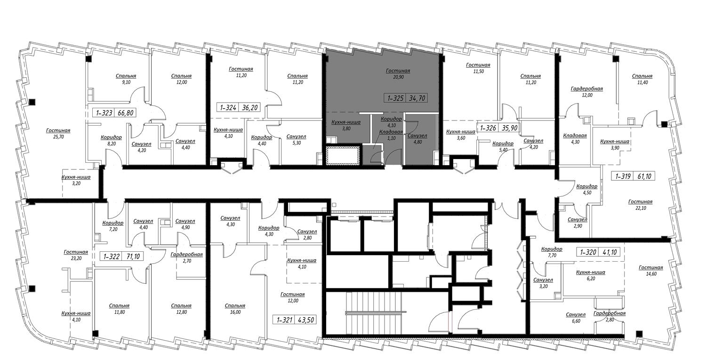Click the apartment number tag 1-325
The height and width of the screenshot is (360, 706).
point(395,98)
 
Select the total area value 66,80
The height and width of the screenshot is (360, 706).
point(126,113)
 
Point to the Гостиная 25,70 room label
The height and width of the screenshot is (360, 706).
point(58,134)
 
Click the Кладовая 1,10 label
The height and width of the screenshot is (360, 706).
point(391,135)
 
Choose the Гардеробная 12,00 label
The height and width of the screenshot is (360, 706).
point(587,92)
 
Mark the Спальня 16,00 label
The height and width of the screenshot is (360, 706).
point(235,309)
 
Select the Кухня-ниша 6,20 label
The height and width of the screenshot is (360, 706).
point(591,275)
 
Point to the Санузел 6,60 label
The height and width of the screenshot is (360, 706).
point(576,318)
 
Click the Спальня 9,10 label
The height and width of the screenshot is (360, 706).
point(126,79)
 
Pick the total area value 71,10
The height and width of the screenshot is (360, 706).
point(133,256)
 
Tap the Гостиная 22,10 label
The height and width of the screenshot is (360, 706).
point(640,205)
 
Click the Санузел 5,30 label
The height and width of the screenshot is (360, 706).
point(296,140)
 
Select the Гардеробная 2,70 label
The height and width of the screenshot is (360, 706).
point(186,257)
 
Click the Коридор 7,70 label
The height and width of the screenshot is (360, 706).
point(552,252)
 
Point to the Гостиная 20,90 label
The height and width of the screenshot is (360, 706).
point(398,74)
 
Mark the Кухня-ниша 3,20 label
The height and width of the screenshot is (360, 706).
point(76,180)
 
